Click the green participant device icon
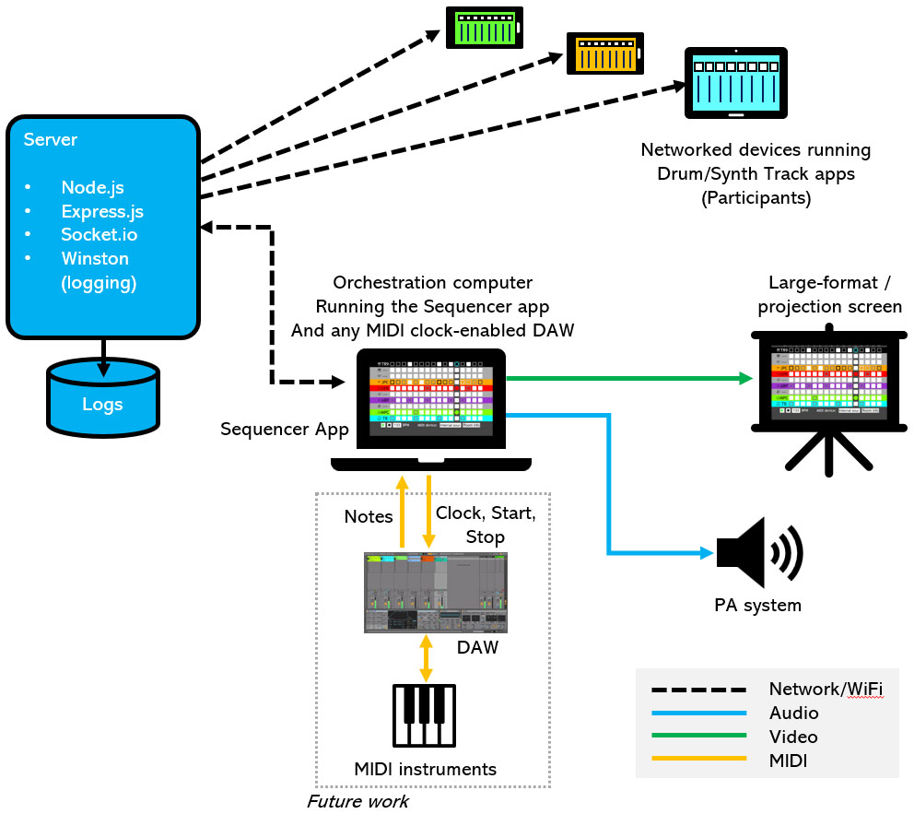click(484, 29)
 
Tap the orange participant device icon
click(603, 54)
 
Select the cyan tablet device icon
click(735, 84)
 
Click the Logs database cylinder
click(103, 397)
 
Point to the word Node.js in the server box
click(92, 187)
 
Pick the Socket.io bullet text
click(100, 235)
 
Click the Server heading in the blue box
click(51, 140)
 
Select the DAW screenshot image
click(436, 593)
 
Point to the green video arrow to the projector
click(627, 378)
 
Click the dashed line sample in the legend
click(697, 689)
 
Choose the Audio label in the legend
click(793, 713)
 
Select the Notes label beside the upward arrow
click(369, 517)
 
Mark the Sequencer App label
click(284, 429)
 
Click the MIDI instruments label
click(425, 769)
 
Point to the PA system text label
click(758, 606)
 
